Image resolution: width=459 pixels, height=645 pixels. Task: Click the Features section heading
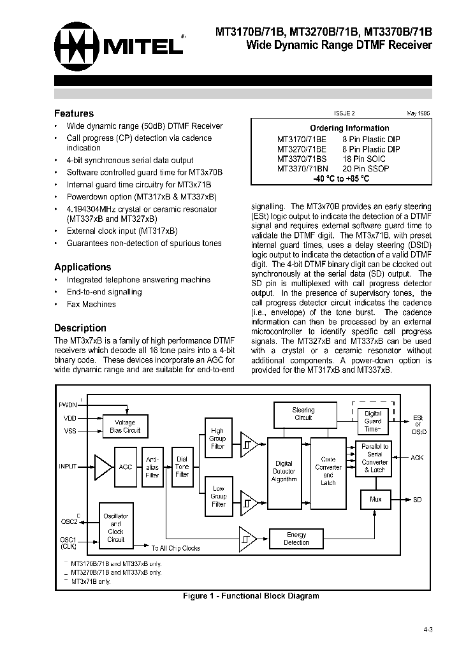[x=74, y=113]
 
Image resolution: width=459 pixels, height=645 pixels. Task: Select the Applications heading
[x=82, y=267]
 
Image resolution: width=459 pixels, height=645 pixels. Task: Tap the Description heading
[x=80, y=328]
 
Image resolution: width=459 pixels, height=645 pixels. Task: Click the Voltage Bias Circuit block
[x=125, y=426]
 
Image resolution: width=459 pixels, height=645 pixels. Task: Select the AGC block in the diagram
[x=126, y=467]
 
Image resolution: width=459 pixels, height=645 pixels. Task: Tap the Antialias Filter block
[x=152, y=467]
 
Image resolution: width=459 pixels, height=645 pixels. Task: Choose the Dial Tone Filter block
[x=182, y=467]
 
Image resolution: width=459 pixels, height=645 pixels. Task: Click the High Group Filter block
[x=218, y=438]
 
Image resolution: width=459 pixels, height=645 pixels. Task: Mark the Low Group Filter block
[x=218, y=496]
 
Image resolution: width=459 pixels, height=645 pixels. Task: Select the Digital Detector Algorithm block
[x=284, y=472]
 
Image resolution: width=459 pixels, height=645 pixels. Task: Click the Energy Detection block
[x=296, y=539]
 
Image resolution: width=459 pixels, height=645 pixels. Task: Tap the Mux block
[x=375, y=499]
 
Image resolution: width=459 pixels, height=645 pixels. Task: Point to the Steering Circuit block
[x=303, y=414]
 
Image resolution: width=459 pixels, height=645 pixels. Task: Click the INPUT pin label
[x=68, y=467]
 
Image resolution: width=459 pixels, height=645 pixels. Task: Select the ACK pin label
[x=417, y=458]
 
